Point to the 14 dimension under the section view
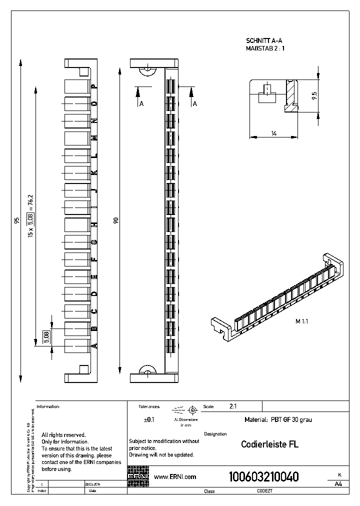(274, 133)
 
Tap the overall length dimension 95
(17, 220)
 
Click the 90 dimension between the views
(116, 220)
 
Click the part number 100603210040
(263, 477)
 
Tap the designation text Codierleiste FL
(269, 444)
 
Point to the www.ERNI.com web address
(175, 477)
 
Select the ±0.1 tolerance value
(149, 420)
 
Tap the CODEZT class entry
(264, 491)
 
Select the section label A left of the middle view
(141, 103)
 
